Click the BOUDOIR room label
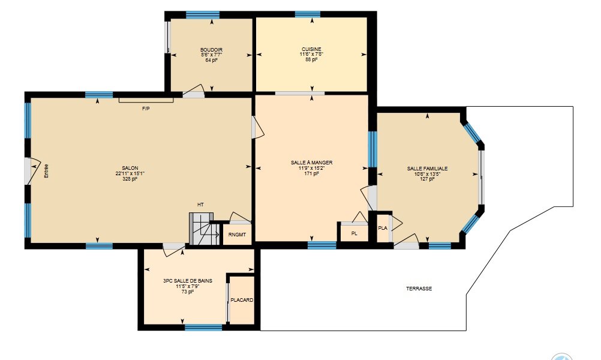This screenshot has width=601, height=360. pyautogui.click(x=211, y=50)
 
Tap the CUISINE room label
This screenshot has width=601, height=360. pyautogui.click(x=311, y=49)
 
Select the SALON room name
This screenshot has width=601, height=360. pyautogui.click(x=130, y=168)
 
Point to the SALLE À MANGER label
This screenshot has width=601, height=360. pyautogui.click(x=312, y=163)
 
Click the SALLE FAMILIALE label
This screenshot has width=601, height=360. pyautogui.click(x=427, y=169)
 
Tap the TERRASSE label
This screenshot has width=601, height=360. pyautogui.click(x=419, y=289)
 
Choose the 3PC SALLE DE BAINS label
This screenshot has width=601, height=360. pyautogui.click(x=187, y=281)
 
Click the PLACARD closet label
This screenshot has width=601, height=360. pyautogui.click(x=242, y=300)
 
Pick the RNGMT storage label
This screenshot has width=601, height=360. pyautogui.click(x=237, y=235)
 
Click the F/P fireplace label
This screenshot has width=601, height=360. pyautogui.click(x=146, y=109)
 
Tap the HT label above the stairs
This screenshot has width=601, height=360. pyautogui.click(x=200, y=205)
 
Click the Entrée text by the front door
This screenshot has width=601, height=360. pyautogui.click(x=46, y=171)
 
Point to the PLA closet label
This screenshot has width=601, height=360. pyautogui.click(x=383, y=228)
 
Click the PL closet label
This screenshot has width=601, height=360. pyautogui.click(x=354, y=233)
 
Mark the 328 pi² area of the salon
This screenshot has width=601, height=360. pyautogui.click(x=130, y=179)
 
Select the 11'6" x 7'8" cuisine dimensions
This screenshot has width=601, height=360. pyautogui.click(x=311, y=54)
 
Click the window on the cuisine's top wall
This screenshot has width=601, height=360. pyautogui.click(x=308, y=14)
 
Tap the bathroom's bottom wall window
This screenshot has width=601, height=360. pyautogui.click(x=203, y=328)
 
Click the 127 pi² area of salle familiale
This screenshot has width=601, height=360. pyautogui.click(x=427, y=179)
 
